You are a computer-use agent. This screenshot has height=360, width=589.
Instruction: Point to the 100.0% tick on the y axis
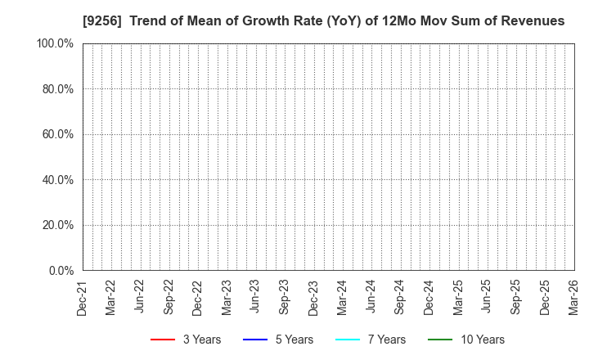(x=56, y=43)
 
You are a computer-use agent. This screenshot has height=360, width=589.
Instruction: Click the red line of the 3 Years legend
(x=163, y=340)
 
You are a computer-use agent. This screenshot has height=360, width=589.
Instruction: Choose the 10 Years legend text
(x=482, y=340)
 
